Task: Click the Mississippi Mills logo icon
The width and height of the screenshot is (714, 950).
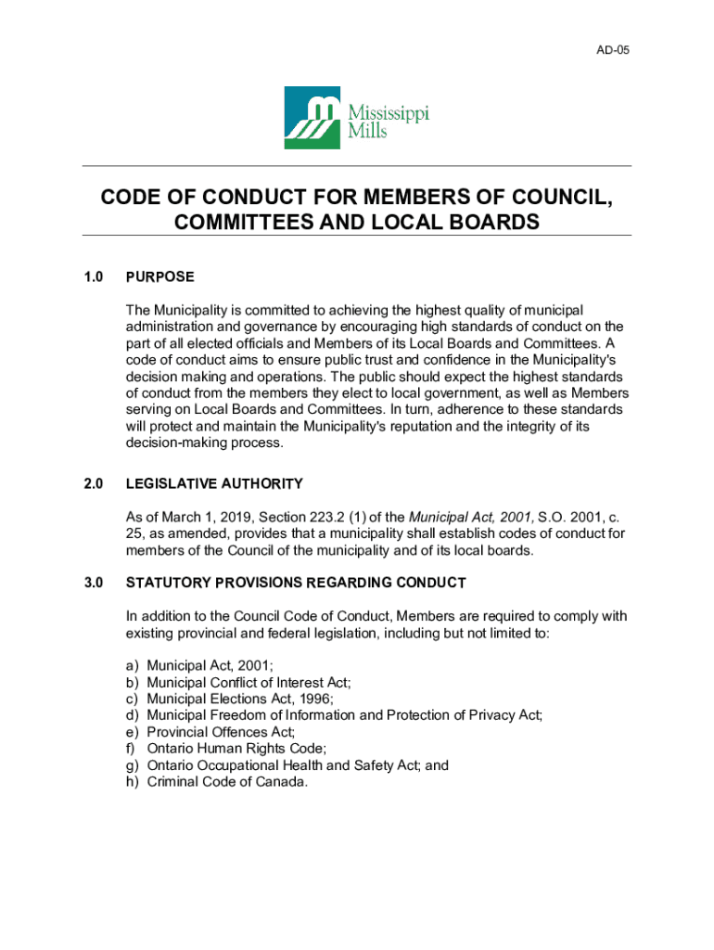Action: tap(312, 118)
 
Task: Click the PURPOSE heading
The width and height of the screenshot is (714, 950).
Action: tap(160, 276)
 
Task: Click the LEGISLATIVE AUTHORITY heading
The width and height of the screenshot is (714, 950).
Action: tap(214, 483)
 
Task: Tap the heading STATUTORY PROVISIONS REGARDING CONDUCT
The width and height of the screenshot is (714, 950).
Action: tap(296, 583)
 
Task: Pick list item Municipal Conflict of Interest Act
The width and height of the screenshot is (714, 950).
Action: tap(249, 682)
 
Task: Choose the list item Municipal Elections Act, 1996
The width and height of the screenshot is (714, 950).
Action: tap(240, 699)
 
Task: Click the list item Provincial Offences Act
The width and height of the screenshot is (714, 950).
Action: tap(221, 732)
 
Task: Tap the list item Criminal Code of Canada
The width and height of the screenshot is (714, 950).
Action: tap(227, 782)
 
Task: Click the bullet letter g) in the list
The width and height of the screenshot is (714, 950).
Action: tap(133, 765)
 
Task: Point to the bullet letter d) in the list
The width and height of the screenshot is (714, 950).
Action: tap(133, 715)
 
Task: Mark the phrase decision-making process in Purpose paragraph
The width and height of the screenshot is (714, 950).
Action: tap(204, 443)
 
